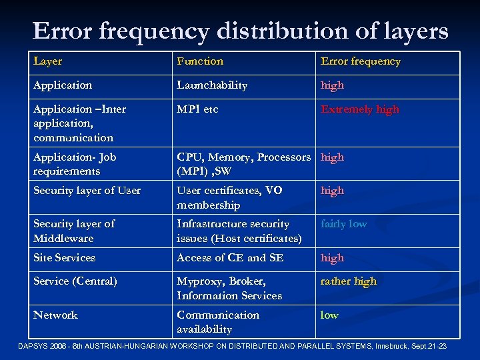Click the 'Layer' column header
[x=48, y=61]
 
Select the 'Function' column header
[x=200, y=61]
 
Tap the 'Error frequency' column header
[x=361, y=61]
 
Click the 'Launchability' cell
[x=212, y=85]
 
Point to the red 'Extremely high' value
[x=360, y=109]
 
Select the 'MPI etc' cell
[x=197, y=109]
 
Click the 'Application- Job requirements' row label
[x=75, y=164]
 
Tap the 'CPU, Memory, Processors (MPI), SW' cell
[x=243, y=164]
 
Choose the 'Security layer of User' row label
[x=87, y=191]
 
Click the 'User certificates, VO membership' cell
[x=229, y=198]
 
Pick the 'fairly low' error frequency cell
[x=344, y=224]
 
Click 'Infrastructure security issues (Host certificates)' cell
[x=239, y=231]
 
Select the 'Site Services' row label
[x=65, y=258]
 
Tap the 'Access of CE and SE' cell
[x=230, y=258]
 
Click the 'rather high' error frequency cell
[x=349, y=281]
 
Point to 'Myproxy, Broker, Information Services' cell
[x=229, y=288]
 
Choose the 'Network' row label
[x=56, y=315]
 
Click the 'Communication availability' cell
[x=218, y=322]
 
